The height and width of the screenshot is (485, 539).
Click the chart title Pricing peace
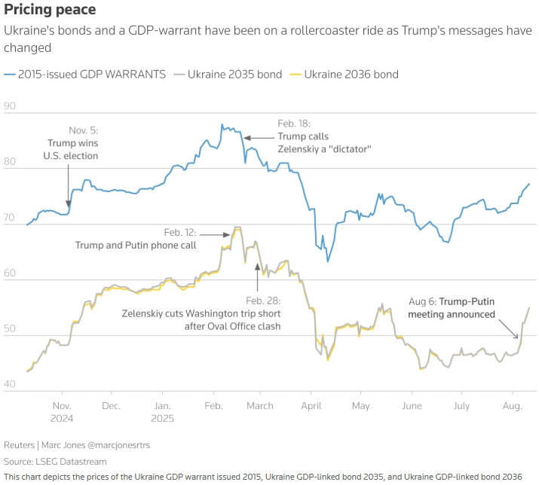click(x=50, y=11)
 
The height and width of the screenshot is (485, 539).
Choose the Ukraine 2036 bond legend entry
click(x=351, y=75)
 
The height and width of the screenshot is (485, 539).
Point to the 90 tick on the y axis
click(x=10, y=107)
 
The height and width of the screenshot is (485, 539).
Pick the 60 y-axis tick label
click(x=10, y=274)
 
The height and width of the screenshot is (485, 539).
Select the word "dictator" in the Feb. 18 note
click(x=348, y=149)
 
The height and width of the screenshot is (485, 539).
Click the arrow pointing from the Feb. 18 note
click(x=259, y=137)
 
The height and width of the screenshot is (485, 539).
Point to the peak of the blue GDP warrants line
click(x=222, y=125)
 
